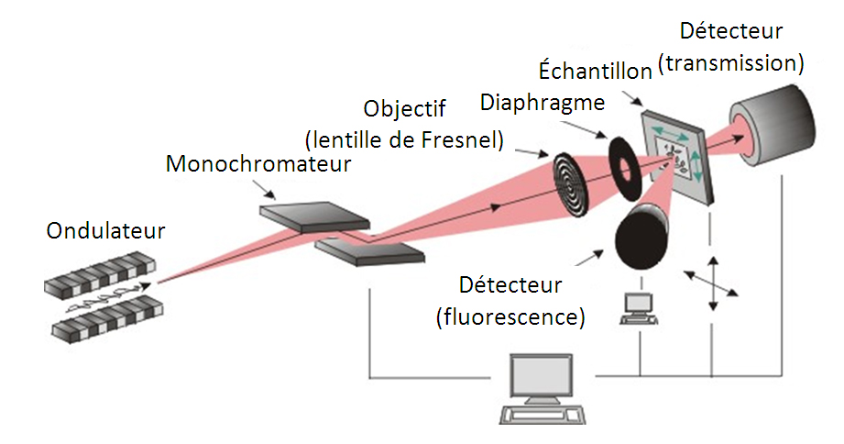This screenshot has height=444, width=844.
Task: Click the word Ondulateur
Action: pos(106,230)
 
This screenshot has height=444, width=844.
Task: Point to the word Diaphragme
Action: pos(543,103)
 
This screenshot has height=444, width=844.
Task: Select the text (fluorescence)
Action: pos(510,318)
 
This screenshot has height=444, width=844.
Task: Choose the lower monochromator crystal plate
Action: pos(368,252)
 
